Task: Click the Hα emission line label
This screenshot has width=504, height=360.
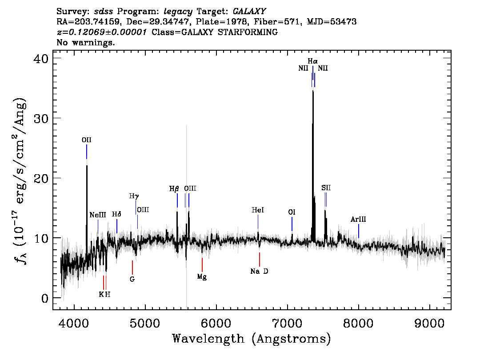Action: pyautogui.click(x=312, y=61)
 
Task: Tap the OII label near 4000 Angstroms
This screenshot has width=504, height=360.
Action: pyautogui.click(x=87, y=140)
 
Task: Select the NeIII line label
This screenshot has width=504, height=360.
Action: pyautogui.click(x=98, y=215)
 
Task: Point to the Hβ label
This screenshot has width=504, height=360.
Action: pyautogui.click(x=174, y=189)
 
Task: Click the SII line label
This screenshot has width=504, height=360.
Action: pyautogui.click(x=326, y=188)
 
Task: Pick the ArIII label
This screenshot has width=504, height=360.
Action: pyautogui.click(x=358, y=219)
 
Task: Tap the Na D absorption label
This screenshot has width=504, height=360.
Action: pyautogui.click(x=259, y=271)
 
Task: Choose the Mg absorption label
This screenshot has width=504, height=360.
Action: pyautogui.click(x=202, y=277)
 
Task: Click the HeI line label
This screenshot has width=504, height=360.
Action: pyautogui.click(x=258, y=210)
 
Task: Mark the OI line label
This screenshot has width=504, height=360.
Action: pyautogui.click(x=292, y=212)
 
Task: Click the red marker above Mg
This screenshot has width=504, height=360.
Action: pyautogui.click(x=202, y=265)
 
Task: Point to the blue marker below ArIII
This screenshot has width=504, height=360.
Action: pyautogui.click(x=359, y=231)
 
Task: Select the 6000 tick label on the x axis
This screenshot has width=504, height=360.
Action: pyautogui.click(x=216, y=323)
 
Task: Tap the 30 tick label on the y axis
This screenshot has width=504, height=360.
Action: pyautogui.click(x=41, y=119)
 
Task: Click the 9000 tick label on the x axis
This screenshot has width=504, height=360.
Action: pyautogui.click(x=429, y=323)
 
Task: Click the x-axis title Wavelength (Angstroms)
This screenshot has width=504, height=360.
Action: pyautogui.click(x=252, y=339)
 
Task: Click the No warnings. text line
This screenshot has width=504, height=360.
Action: pyautogui.click(x=85, y=42)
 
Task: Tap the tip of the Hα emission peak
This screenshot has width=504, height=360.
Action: pyautogui.click(x=313, y=91)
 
